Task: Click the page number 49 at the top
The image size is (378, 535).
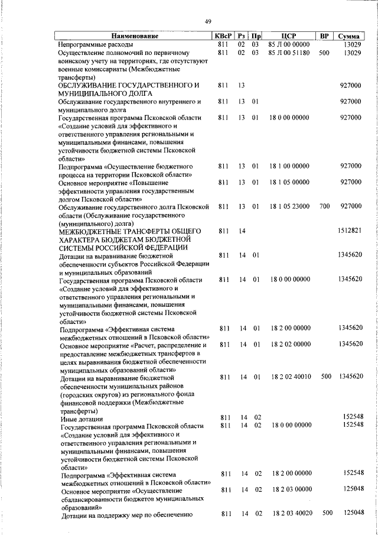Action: (x=208, y=22)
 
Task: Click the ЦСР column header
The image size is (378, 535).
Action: (x=288, y=37)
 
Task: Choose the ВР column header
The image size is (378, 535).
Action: (x=324, y=37)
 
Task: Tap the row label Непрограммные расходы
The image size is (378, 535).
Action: (x=95, y=44)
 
